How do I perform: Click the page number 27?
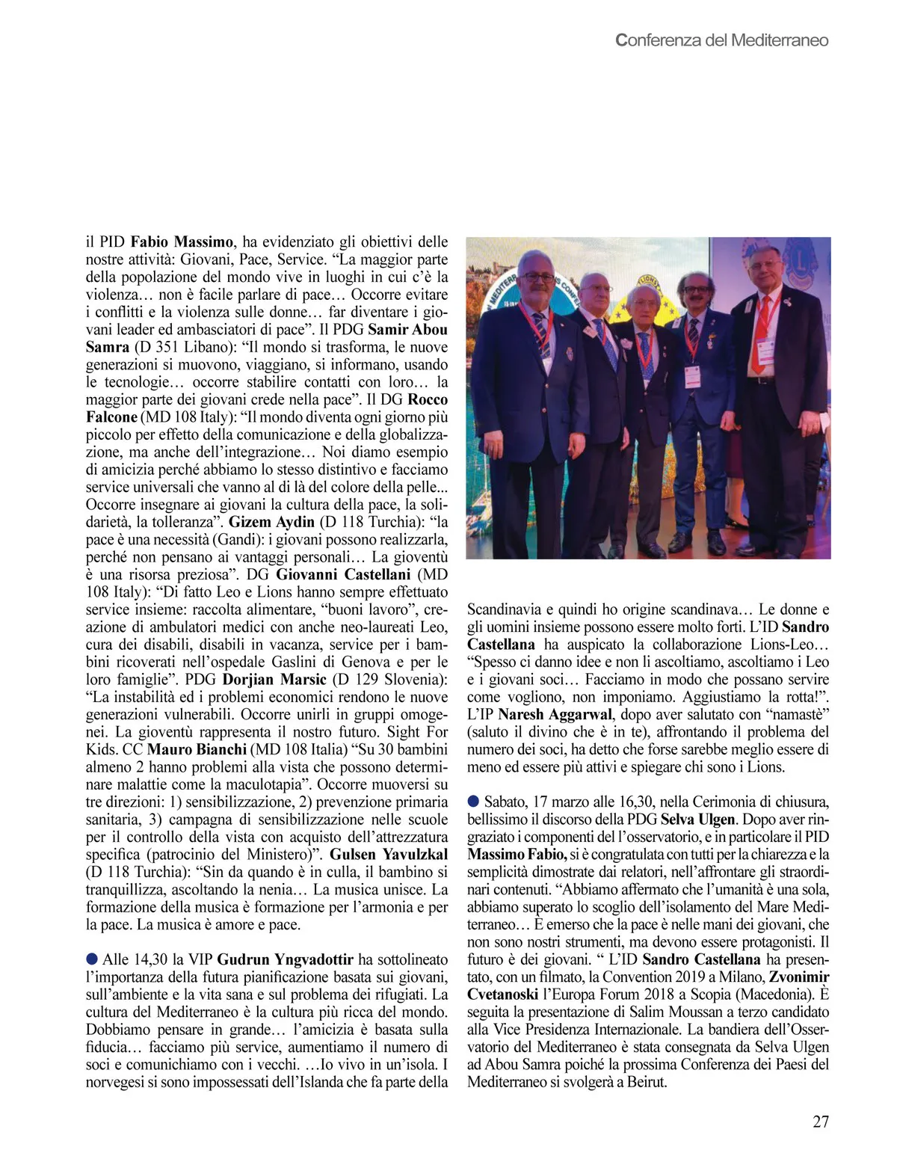tap(820, 1122)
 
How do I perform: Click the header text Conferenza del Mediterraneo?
tap(721, 40)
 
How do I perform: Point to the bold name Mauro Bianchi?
tap(197, 749)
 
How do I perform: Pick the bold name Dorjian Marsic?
tap(274, 679)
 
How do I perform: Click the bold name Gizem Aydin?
tap(271, 522)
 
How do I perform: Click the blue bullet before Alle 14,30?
tap(92, 959)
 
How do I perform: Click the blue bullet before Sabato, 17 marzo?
tap(473, 802)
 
